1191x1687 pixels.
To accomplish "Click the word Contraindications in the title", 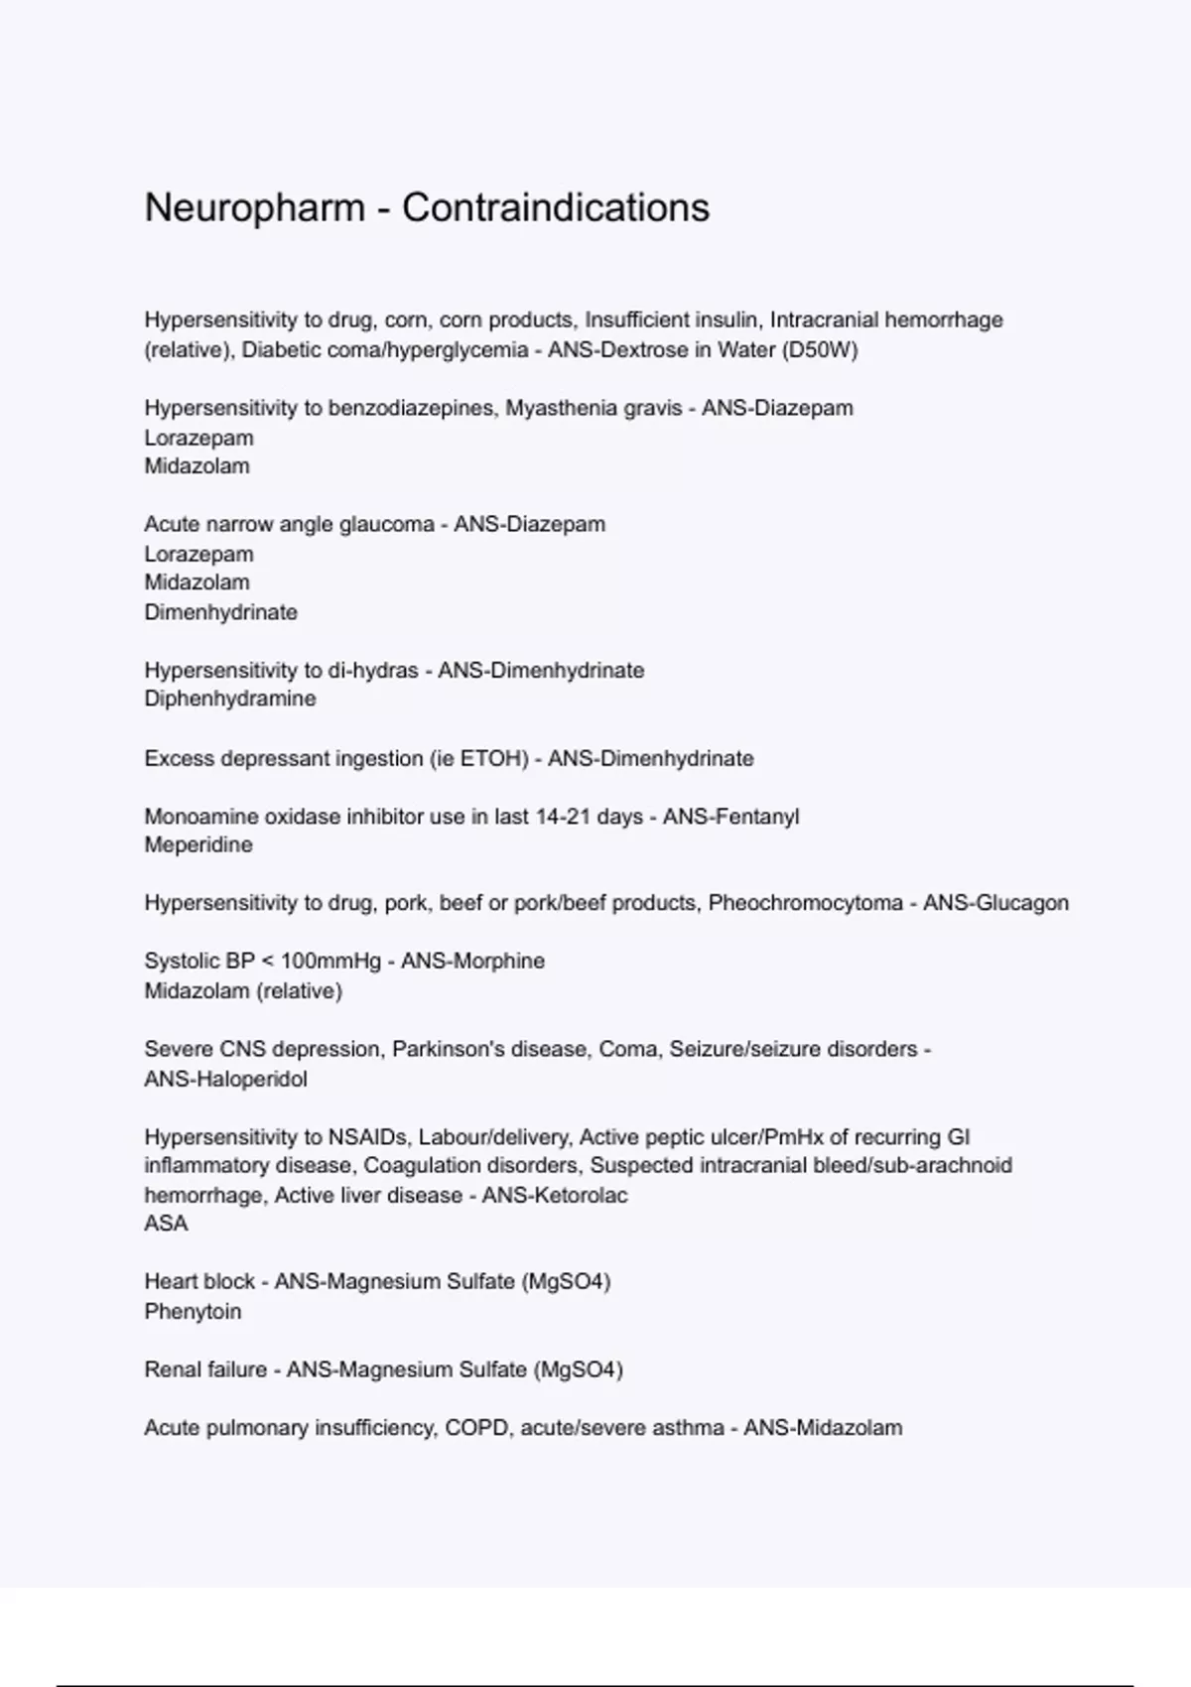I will click(556, 208).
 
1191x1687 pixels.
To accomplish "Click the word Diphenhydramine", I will click(230, 699).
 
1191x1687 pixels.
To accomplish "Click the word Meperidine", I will click(198, 845).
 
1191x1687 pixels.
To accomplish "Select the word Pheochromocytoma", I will click(805, 903).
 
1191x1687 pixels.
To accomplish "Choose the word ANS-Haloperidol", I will click(225, 1079).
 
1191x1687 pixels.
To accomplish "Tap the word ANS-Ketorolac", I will click(555, 1195).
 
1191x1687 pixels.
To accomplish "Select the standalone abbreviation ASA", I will click(166, 1224).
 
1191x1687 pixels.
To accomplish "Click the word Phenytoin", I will click(193, 1311).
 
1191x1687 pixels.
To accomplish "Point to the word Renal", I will click(172, 1369).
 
